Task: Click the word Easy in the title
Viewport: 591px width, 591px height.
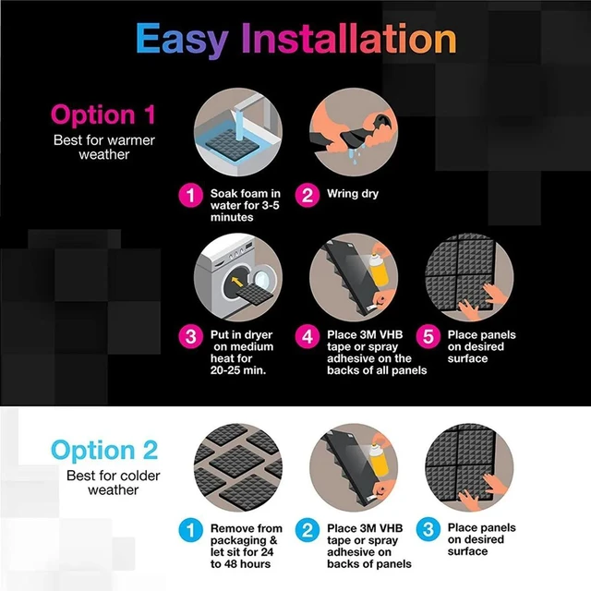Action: coord(182,40)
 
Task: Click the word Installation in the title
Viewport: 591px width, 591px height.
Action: coord(349,38)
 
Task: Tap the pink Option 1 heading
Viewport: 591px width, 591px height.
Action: coord(103,115)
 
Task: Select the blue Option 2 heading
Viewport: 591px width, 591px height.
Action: coord(104,450)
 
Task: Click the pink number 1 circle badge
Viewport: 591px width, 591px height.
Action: coord(191,195)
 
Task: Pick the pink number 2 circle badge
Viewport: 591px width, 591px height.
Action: coord(308,195)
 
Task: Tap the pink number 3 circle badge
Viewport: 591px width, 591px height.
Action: coord(191,336)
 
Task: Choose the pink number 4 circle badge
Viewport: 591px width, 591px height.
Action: coord(308,336)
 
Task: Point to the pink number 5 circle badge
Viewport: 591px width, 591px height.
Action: coord(428,336)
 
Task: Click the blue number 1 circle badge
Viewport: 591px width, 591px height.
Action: coord(191,530)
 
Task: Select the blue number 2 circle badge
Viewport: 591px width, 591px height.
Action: coord(308,530)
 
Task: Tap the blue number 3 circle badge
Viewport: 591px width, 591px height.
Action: coord(428,529)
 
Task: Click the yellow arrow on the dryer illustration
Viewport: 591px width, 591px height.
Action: coord(236,282)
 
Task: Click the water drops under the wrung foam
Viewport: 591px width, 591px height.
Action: coord(355,155)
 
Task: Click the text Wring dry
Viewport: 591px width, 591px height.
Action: coord(353,194)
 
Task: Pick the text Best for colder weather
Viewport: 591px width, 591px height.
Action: coord(113,483)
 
